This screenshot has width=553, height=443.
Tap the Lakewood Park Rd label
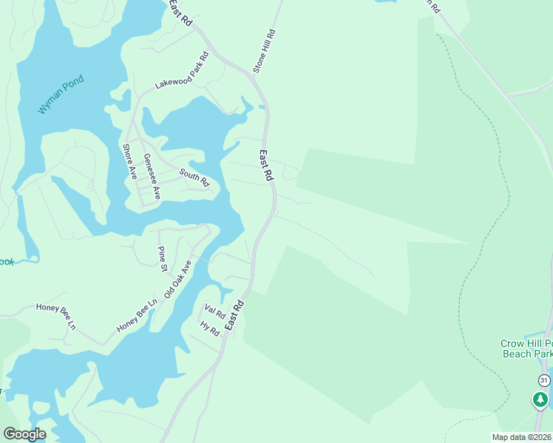[x=181, y=72]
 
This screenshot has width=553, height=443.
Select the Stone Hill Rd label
[x=264, y=51]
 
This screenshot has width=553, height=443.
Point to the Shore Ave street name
[x=129, y=162]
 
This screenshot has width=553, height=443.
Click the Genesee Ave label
[x=152, y=176]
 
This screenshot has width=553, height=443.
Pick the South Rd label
[x=194, y=176]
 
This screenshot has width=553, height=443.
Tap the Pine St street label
[x=162, y=259]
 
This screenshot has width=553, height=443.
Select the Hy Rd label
[x=210, y=329]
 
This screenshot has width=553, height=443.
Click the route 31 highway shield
[x=544, y=380]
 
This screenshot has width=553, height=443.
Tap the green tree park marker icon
[x=540, y=399]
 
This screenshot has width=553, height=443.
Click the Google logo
[x=24, y=433]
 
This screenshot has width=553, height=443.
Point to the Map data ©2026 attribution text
[x=521, y=437]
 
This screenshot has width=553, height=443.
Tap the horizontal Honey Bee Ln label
[x=56, y=316]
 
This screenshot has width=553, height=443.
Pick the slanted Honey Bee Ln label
[x=137, y=315]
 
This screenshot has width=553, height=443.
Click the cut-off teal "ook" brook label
[x=7, y=261]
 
